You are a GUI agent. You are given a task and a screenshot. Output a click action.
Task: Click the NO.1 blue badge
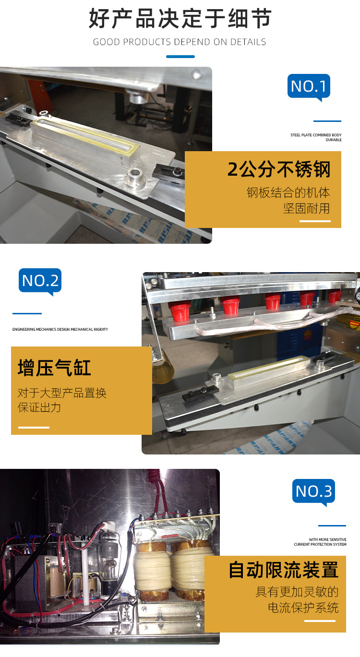[309, 86]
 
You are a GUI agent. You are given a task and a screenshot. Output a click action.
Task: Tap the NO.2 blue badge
[40, 281]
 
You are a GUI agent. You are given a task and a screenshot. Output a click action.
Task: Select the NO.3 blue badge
[313, 491]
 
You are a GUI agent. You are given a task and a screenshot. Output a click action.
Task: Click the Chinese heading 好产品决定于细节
[180, 18]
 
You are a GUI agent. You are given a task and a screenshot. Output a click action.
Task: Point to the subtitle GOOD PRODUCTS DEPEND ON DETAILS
[180, 42]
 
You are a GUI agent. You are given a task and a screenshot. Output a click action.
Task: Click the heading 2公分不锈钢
[279, 169]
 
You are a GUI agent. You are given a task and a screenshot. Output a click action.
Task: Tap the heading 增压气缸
[54, 368]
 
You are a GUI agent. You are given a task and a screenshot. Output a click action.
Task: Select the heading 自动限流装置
[284, 570]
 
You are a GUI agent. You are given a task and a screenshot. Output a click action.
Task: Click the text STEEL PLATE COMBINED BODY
[316, 135]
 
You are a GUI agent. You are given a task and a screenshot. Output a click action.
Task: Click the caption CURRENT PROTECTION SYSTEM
[320, 544]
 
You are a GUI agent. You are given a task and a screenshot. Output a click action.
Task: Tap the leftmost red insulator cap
[179, 311]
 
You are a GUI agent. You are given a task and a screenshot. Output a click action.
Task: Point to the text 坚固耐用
[306, 209]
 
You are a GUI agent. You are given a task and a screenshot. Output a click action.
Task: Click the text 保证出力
[39, 407]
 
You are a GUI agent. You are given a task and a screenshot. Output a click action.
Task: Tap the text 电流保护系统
[303, 608]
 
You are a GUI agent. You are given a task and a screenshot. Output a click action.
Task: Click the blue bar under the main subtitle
[180, 57]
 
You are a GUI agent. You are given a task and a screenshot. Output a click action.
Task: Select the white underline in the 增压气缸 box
[34, 427]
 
